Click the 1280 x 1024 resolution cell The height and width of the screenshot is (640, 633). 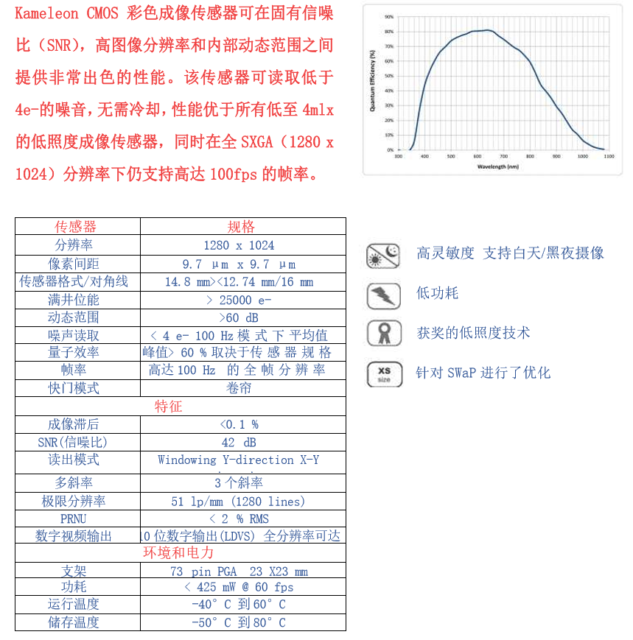239,245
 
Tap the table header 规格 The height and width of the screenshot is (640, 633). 241,227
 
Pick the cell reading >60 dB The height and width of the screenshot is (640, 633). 239,317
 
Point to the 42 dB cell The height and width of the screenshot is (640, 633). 239,443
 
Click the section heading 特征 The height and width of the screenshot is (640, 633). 168,407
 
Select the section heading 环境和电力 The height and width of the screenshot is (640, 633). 178,552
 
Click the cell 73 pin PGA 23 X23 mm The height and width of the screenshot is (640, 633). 239,572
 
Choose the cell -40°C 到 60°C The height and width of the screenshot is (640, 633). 239,604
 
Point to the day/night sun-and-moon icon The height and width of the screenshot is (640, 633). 383,256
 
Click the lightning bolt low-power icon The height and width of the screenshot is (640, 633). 383,295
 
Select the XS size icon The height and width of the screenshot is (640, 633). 384,374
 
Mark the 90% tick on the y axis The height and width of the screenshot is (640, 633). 389,16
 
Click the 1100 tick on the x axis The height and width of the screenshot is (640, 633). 608,156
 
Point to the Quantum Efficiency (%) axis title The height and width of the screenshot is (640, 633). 374,82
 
